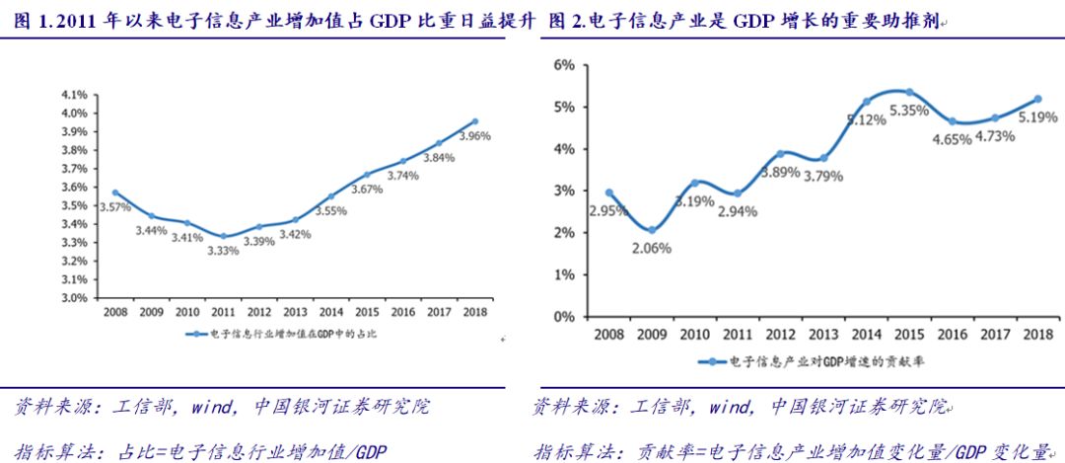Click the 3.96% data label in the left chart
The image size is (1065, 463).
(474, 135)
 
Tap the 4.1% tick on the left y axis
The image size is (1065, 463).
(74, 95)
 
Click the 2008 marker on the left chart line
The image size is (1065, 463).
(115, 193)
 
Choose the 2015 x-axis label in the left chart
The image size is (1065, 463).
(366, 311)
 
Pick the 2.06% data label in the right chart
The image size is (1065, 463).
(651, 248)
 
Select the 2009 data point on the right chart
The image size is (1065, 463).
(651, 230)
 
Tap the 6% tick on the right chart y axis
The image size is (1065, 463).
(564, 65)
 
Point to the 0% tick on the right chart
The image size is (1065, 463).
(564, 317)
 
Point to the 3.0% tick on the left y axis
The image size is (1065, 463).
(74, 296)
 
